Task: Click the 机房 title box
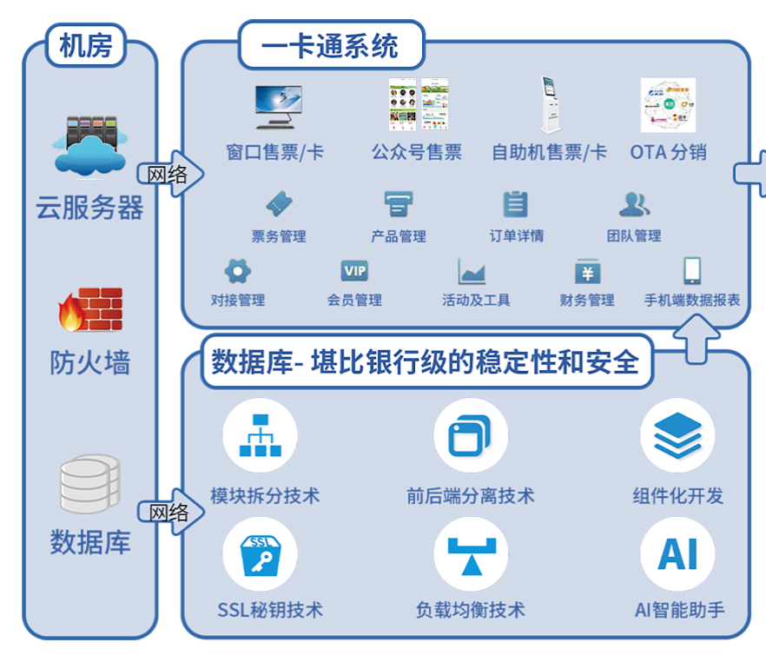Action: pyautogui.click(x=86, y=45)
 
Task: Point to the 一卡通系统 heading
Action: pyautogui.click(x=331, y=45)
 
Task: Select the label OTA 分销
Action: pyautogui.click(x=668, y=152)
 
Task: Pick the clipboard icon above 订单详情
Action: pyautogui.click(x=516, y=204)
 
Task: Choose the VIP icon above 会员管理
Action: pyautogui.click(x=354, y=271)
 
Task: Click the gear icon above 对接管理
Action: pyautogui.click(x=237, y=271)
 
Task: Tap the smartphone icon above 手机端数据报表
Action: pyautogui.click(x=692, y=271)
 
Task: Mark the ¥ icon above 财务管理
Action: pyautogui.click(x=587, y=273)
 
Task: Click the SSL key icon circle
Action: pyautogui.click(x=260, y=553)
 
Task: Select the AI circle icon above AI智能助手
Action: pyautogui.click(x=677, y=553)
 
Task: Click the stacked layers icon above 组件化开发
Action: pyautogui.click(x=677, y=435)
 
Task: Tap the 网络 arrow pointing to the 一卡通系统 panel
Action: pyautogui.click(x=172, y=175)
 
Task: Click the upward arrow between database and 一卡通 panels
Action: pyautogui.click(x=700, y=338)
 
